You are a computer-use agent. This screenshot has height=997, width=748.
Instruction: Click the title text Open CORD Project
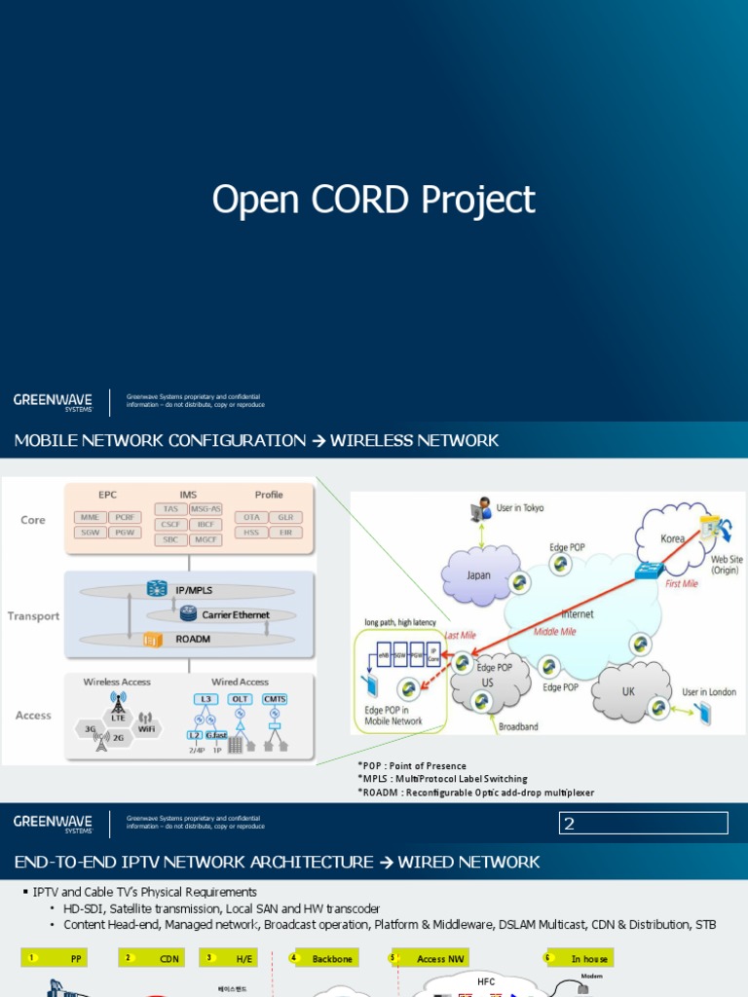point(374,200)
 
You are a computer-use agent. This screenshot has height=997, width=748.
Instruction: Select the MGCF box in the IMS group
point(206,539)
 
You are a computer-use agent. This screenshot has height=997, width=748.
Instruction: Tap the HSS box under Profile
point(251,533)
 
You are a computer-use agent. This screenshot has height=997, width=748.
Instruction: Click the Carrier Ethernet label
point(235,614)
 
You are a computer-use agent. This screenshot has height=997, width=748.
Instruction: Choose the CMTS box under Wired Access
point(275,699)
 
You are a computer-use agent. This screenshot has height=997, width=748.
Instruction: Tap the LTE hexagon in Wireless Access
point(118,718)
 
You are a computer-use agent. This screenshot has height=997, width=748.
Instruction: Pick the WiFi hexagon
point(146,727)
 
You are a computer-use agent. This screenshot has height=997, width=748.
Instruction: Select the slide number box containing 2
point(643,824)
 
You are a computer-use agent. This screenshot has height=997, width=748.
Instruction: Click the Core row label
point(33,520)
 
